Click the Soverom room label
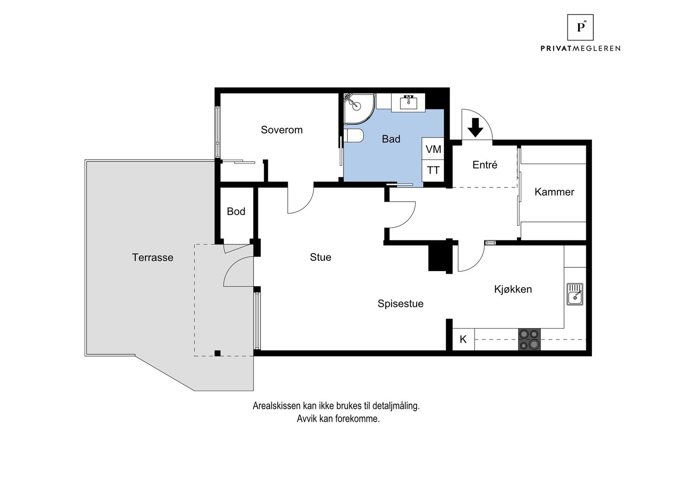(281, 130)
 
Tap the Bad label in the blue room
(391, 139)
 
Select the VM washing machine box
(433, 149)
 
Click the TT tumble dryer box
(433, 171)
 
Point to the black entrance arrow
(475, 128)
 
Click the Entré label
(485, 165)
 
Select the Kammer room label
(554, 192)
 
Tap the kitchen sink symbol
(575, 294)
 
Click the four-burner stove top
(529, 339)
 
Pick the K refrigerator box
(463, 339)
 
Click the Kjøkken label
(513, 289)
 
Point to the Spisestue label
(400, 303)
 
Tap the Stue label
(321, 257)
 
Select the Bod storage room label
(236, 212)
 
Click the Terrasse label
(153, 258)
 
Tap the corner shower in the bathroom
(359, 109)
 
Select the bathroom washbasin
(409, 102)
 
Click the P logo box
(581, 27)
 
